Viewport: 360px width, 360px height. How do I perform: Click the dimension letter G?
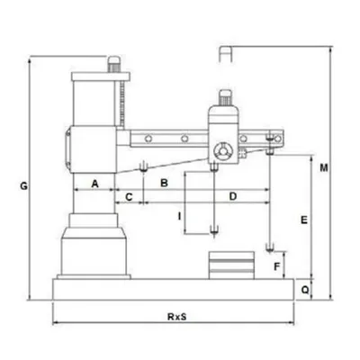pos(23,186)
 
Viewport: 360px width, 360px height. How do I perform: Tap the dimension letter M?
pos(324,168)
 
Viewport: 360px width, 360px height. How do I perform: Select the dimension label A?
pos(94,184)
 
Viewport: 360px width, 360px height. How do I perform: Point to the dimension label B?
pos(164,183)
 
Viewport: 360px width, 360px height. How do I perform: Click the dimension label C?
pos(129,197)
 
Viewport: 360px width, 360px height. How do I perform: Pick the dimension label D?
pos(233,196)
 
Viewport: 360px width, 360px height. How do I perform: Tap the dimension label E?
pos(304,220)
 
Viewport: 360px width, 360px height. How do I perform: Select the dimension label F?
pos(277,266)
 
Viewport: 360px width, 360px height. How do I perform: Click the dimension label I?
pos(179,216)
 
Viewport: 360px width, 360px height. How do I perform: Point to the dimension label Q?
pos(305,290)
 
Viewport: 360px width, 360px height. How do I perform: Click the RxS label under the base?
pos(177,317)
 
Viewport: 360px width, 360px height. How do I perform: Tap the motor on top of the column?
pos(113,64)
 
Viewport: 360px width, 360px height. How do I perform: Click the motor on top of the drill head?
pos(225,98)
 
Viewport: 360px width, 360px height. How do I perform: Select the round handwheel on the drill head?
pos(222,150)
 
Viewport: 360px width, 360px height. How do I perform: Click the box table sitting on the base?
pos(231,265)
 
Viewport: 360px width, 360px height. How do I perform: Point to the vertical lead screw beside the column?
pos(121,103)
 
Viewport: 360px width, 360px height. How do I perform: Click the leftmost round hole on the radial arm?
pos(148,139)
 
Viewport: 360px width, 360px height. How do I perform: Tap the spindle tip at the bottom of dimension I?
pos(214,230)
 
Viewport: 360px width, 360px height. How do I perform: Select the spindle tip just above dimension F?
pos(270,248)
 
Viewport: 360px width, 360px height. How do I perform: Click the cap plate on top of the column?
pos(101,76)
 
